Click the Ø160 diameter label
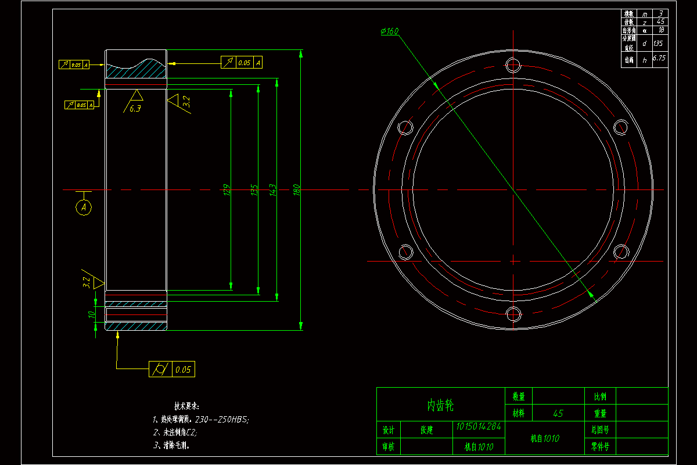[389, 32]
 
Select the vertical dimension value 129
[227, 189]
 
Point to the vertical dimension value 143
[272, 189]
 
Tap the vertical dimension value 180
[296, 189]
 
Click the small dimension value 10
[91, 314]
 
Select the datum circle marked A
[84, 207]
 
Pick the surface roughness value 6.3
[135, 108]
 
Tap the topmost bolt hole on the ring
[513, 64]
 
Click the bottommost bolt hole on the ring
[513, 314]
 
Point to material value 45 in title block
[558, 414]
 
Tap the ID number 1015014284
[478, 427]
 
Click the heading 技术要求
[186, 406]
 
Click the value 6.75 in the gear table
[659, 58]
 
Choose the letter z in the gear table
[644, 22]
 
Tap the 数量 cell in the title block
[518, 396]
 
